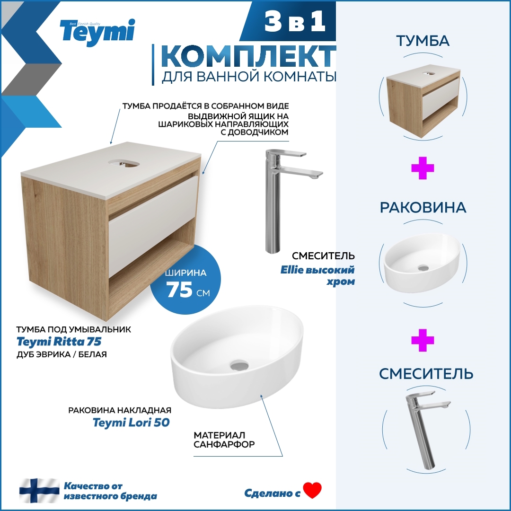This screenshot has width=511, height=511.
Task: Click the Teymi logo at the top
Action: coord(97,32)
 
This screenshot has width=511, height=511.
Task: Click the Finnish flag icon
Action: coord(39,491)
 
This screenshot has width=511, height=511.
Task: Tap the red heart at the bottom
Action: coord(312,490)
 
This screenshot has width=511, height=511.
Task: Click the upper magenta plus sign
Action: coord(423,168)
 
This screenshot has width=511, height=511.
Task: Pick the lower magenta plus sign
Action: coord(423,341)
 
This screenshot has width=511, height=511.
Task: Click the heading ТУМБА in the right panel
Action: coord(423,41)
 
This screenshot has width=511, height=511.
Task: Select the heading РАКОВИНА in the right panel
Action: coord(423,207)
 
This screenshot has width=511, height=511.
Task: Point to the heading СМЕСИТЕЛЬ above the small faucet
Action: coord(426,374)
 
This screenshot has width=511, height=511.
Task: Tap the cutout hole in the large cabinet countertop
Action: coord(123,162)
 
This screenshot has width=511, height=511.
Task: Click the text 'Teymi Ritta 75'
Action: coord(59,341)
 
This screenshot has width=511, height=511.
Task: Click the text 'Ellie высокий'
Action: coord(324,270)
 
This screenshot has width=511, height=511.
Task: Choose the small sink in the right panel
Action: coord(422,263)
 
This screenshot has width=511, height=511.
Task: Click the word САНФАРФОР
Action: coord(224,445)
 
